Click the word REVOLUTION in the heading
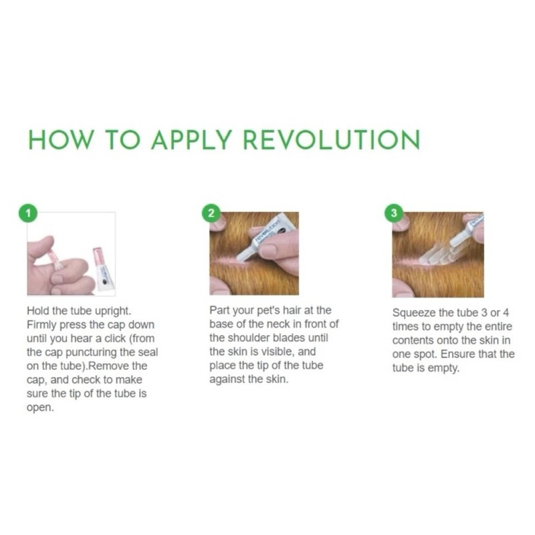(331, 140)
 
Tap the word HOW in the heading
(61, 140)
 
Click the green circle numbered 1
(28, 213)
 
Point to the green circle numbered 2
(211, 213)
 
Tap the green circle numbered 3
(394, 213)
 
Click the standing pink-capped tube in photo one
(103, 270)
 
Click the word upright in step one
(113, 312)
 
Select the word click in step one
(115, 338)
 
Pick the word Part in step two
(219, 310)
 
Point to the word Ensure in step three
(457, 354)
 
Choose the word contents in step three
(413, 340)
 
